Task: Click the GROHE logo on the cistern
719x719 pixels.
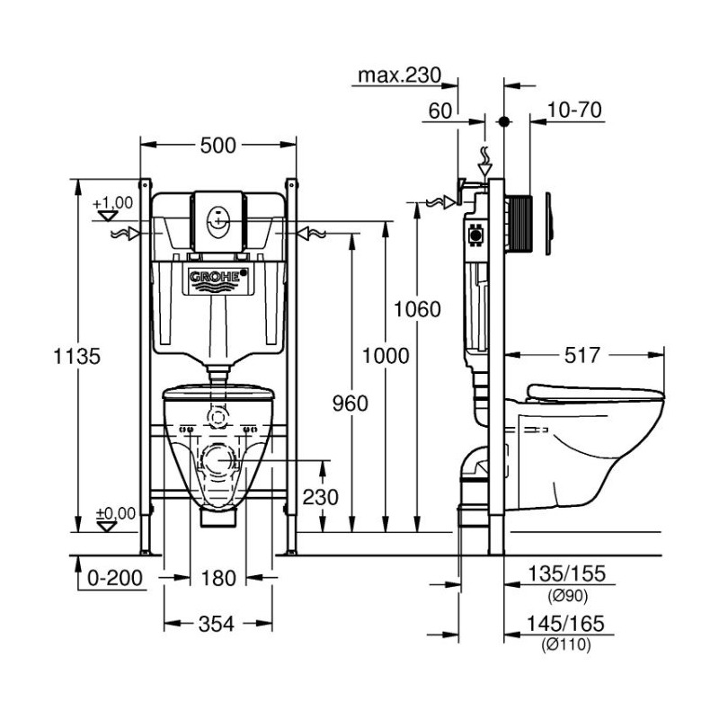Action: pos(216,279)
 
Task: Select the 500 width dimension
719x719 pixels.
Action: pos(218,145)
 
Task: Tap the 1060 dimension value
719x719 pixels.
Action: pos(418,310)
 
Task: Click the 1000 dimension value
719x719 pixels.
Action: pos(385,355)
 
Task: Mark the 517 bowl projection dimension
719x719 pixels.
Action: pos(582,356)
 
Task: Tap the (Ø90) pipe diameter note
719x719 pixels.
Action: pos(565,595)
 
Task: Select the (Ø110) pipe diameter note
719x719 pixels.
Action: pos(565,643)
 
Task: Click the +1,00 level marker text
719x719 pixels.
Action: pos(112,203)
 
